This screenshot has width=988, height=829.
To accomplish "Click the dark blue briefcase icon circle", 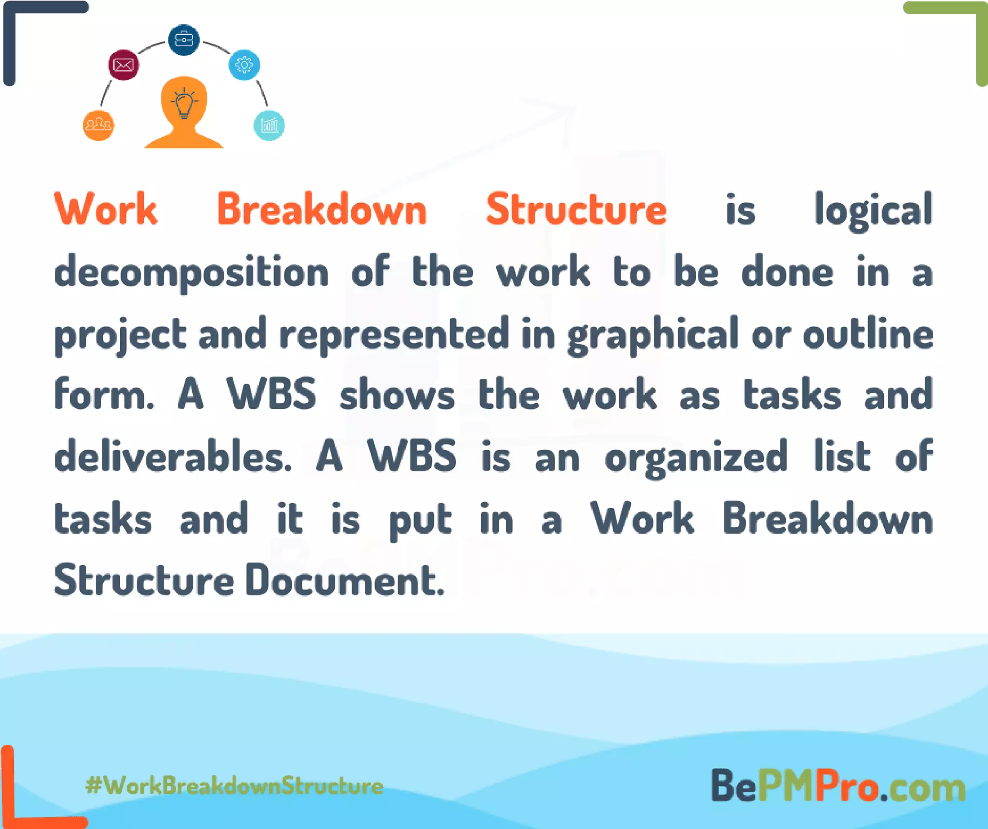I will pos(183,40).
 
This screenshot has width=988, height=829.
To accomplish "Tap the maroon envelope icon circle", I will pos(123,65).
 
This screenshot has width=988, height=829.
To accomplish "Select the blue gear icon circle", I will pos(244,65).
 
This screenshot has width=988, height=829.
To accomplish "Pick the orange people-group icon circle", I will pos(98,126).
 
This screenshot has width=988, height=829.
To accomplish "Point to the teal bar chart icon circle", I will pos(269,126).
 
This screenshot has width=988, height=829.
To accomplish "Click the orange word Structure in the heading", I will pos(576,210).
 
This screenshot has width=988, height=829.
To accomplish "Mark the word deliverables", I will pos(173,457).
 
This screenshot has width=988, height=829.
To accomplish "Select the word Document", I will pos(344,580).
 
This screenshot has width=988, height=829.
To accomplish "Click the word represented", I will pos(394,334).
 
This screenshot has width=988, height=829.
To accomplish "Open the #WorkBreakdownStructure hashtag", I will pos(234,786).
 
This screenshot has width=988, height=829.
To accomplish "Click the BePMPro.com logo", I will pos(838,786).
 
